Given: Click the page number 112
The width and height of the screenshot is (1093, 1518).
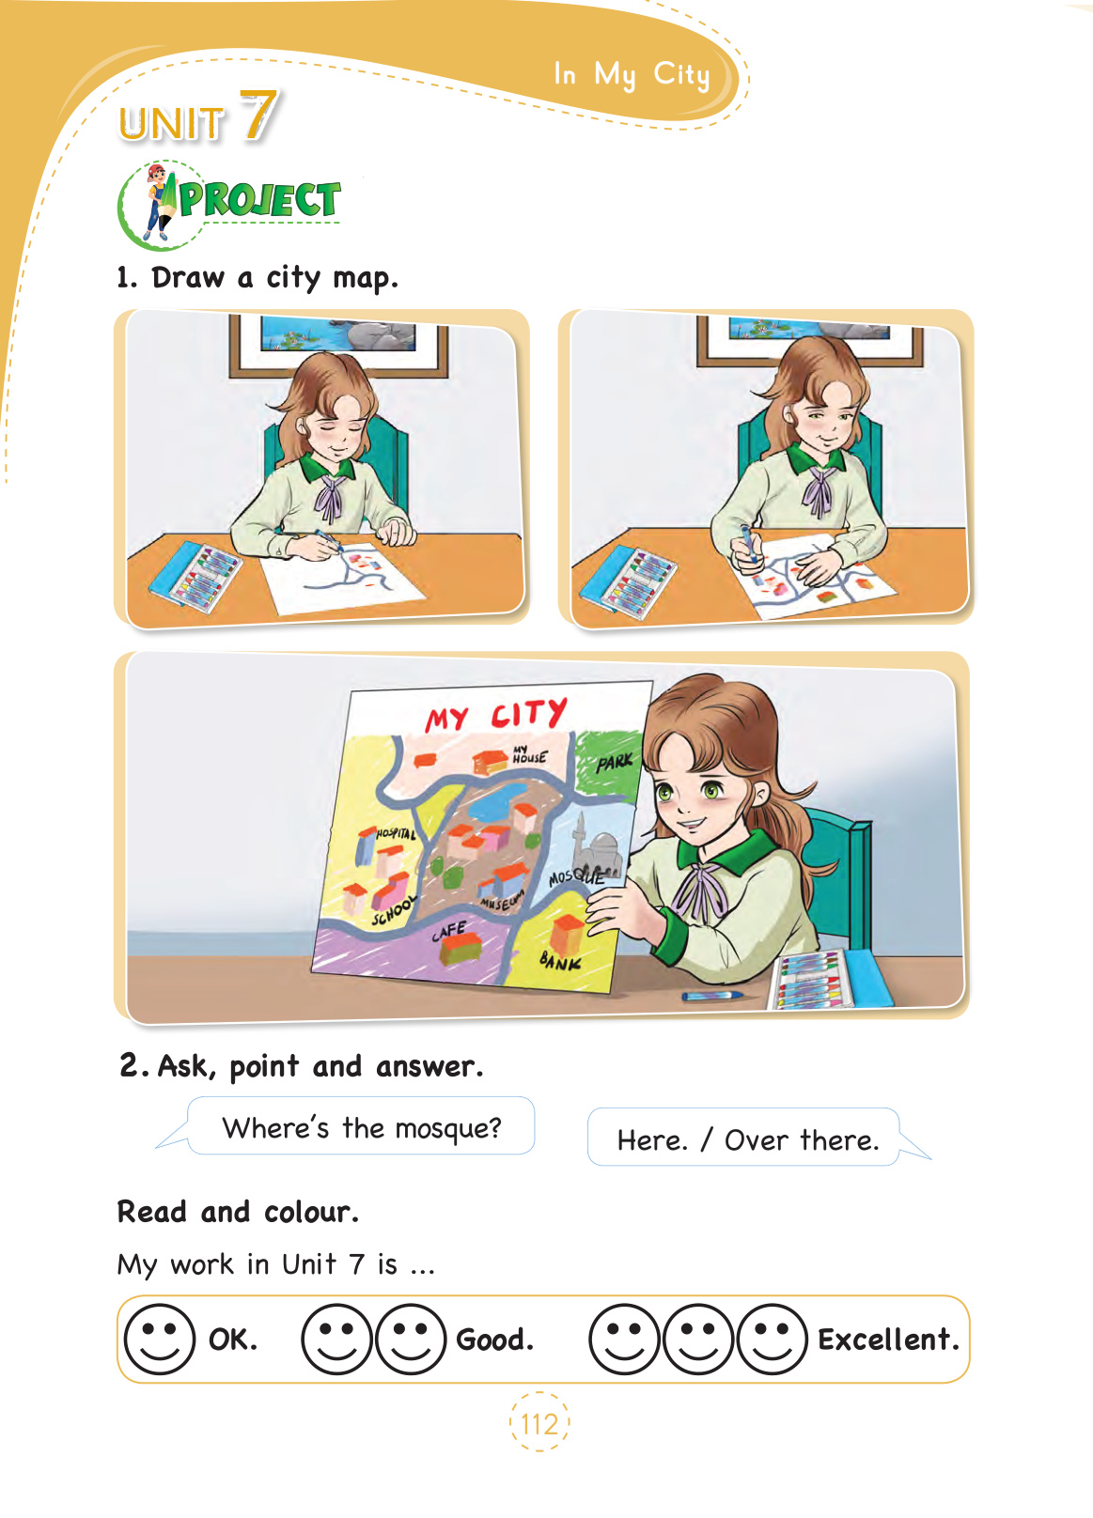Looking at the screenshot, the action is [x=539, y=1424].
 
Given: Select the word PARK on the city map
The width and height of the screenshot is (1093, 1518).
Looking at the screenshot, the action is [x=615, y=762].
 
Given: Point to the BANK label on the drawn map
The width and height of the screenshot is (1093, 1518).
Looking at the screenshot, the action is [x=560, y=960].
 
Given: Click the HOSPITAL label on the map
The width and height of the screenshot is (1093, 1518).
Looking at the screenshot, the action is [x=396, y=833].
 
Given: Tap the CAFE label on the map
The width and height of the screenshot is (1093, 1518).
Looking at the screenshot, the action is [x=449, y=931].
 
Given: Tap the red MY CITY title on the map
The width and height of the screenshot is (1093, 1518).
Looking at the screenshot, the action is [x=495, y=714].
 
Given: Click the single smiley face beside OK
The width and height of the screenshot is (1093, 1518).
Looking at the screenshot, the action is [x=160, y=1339].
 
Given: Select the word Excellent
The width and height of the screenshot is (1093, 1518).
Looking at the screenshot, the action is [x=888, y=1340].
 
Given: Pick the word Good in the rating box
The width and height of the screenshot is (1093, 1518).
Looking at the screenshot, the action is [x=494, y=1340].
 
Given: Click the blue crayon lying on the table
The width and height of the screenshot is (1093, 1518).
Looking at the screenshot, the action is [x=711, y=996].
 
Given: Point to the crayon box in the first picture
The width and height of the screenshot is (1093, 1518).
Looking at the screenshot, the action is [x=195, y=576].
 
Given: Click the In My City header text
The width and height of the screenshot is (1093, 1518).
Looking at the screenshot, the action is [x=632, y=74].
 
